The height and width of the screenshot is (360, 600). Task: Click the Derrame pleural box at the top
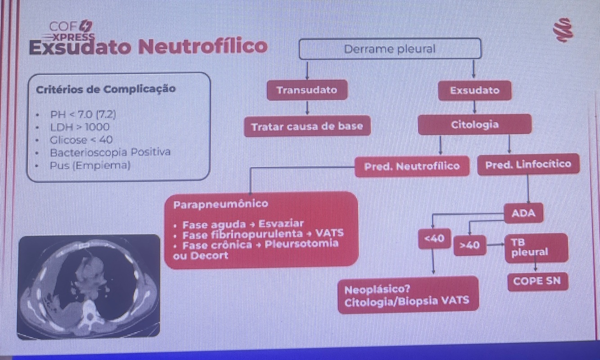390,49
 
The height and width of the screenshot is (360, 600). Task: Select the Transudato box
307,90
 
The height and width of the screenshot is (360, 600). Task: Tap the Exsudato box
474,90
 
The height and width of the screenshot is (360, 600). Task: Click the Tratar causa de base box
307,126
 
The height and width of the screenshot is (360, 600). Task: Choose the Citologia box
475,125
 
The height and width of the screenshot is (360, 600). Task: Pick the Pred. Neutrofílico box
412,166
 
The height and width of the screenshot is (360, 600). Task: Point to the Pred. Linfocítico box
528,165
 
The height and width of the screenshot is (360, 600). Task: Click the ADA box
524,213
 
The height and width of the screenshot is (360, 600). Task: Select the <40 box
434,238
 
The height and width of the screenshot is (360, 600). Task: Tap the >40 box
470,245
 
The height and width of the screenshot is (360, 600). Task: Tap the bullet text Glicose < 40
81,139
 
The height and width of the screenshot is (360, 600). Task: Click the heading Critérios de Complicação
105,89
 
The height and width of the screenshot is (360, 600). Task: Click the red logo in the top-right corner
564,30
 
